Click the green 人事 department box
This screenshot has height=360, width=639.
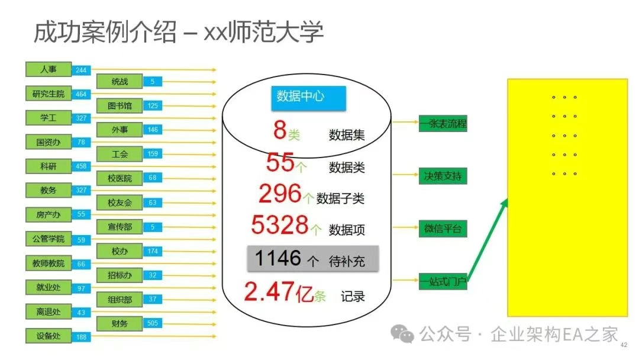tap(49, 69)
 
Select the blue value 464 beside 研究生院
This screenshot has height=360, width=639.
tap(81, 94)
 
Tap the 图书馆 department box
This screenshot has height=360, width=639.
tap(120, 106)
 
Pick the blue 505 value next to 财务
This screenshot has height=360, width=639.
tap(153, 323)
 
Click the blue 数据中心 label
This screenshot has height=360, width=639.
tap(300, 96)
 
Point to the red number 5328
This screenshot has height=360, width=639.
tap(279, 225)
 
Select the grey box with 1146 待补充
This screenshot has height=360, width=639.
tap(312, 259)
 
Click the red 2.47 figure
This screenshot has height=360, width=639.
tap(269, 292)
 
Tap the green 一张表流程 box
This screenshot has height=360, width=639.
tap(443, 124)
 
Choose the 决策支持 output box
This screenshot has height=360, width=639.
tap(443, 176)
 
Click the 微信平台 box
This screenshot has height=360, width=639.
tap(443, 229)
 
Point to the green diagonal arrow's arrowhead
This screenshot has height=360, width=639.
tap(505, 203)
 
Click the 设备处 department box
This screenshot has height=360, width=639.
tap(49, 336)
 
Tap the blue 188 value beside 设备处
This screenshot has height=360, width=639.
tap(81, 337)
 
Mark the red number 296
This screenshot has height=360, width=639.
tap(280, 193)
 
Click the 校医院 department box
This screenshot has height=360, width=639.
tap(120, 178)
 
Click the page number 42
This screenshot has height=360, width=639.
tap(623, 345)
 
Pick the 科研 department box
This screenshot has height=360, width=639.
tap(49, 166)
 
